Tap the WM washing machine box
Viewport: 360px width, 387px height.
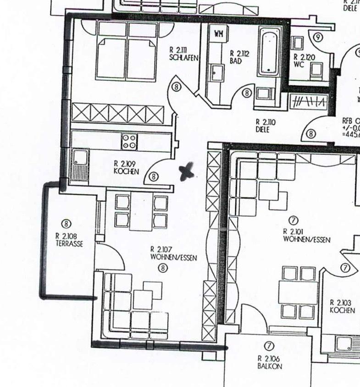pos(219,34)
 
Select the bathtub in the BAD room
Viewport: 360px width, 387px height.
pos(270,52)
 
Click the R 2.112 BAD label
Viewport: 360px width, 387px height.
pos(239,57)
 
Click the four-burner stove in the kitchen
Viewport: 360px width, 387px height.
pos(129,141)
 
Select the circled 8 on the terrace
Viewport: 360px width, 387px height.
pos(67,223)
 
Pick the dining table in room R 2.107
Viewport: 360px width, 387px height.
pos(141,211)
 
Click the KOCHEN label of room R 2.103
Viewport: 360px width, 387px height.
pos(342,307)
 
